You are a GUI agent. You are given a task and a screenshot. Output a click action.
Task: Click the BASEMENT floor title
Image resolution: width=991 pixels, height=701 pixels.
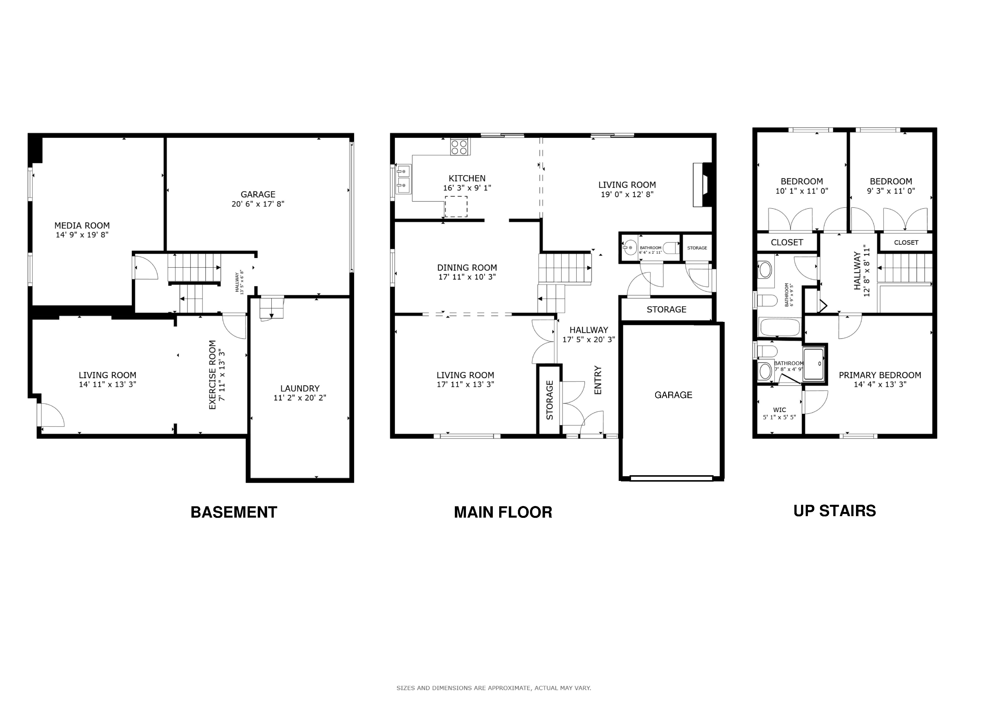[234, 512]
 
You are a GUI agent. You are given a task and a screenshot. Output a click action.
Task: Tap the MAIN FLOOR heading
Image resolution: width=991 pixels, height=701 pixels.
[503, 512]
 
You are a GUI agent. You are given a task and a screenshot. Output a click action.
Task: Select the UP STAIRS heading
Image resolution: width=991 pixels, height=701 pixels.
[835, 511]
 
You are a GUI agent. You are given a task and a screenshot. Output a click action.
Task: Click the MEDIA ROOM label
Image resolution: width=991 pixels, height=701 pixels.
[82, 225]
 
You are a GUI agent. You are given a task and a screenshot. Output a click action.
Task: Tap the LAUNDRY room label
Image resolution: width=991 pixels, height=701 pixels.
[300, 388]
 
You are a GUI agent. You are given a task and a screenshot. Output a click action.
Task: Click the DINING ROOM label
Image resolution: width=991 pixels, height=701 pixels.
[467, 268]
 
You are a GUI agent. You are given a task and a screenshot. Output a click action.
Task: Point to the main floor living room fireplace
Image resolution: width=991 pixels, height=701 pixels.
[702, 185]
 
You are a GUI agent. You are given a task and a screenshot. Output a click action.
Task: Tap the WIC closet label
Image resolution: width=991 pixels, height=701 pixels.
[780, 410]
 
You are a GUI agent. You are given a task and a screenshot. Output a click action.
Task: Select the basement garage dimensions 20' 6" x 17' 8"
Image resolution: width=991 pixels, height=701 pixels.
[258, 204]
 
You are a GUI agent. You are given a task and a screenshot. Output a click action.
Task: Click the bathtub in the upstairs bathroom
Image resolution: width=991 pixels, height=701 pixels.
[780, 327]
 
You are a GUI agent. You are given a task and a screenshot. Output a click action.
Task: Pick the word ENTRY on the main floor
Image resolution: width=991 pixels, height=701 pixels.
[598, 380]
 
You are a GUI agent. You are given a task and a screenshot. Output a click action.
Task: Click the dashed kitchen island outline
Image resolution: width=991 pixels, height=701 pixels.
[456, 206]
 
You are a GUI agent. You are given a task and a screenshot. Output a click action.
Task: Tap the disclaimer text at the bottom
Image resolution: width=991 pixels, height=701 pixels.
[494, 688]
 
